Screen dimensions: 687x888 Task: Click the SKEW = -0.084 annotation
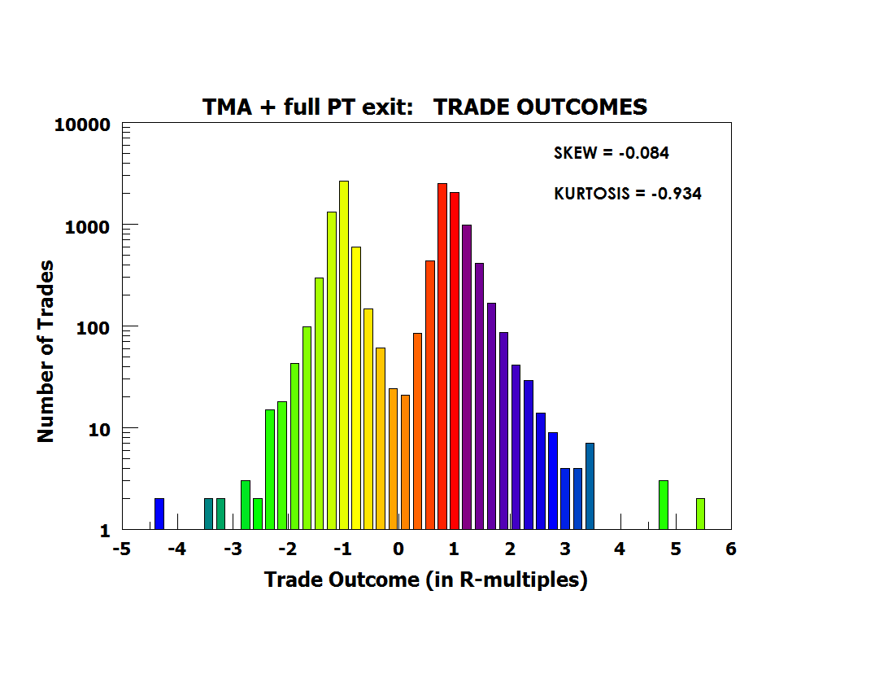pos(611,152)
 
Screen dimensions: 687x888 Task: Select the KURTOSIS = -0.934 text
pos(627,194)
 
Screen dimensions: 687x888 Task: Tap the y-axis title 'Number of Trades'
pos(46,351)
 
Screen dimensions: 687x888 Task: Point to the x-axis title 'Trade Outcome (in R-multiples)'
pos(425,580)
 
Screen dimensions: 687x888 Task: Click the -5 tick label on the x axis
pos(121,549)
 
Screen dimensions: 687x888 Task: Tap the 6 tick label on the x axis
pos(731,549)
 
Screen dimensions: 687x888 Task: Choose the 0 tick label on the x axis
pos(398,549)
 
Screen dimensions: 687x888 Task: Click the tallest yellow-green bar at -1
pos(344,354)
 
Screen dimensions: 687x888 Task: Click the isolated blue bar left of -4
pos(159,514)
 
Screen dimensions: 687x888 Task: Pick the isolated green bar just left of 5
pos(664,505)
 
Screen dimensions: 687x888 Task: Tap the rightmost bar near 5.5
pos(700,514)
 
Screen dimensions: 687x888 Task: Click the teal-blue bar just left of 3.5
pos(590,486)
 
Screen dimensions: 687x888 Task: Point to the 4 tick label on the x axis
pos(620,549)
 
